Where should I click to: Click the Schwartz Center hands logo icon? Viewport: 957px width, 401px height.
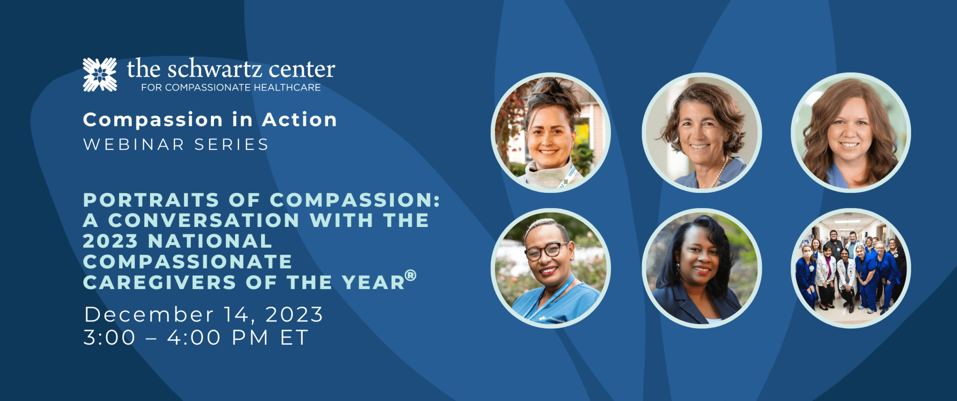coord(100,75)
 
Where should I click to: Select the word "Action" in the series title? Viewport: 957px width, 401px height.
coord(300,120)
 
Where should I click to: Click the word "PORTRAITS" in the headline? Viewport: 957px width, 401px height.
coord(151,200)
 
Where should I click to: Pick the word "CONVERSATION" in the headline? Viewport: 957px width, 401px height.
coord(204,220)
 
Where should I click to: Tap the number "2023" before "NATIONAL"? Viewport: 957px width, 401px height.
coord(110,241)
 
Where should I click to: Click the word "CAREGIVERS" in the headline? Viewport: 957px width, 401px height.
coord(159,283)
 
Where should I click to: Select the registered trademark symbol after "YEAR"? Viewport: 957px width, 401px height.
coord(410,275)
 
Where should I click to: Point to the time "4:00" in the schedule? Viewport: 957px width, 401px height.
coord(194,337)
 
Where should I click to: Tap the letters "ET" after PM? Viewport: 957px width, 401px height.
coord(294,337)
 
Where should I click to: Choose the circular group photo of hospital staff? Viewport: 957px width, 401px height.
coord(851,268)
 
